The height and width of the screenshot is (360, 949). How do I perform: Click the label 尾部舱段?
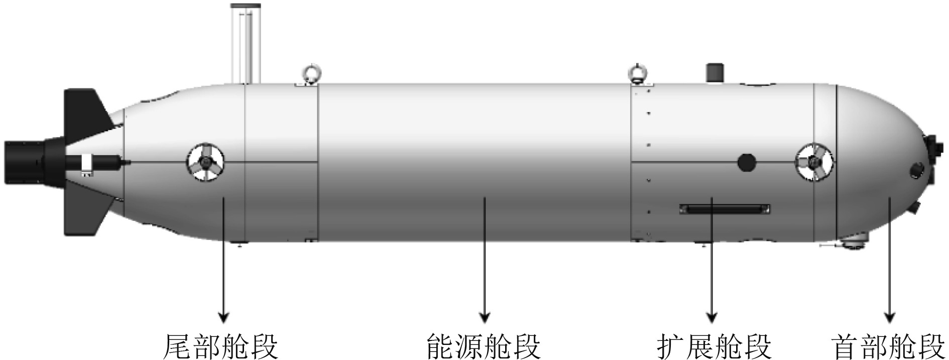(221, 346)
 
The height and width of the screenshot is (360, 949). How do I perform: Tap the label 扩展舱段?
(714, 346)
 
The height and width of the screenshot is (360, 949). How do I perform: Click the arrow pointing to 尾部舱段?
(223, 261)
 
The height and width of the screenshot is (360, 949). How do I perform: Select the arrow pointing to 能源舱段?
(485, 261)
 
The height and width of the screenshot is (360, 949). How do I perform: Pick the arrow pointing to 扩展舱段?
(711, 261)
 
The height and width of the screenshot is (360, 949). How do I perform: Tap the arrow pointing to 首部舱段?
(890, 261)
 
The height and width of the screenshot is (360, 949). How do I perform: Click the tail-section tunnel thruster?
(206, 162)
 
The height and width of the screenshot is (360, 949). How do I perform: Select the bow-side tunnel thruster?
(813, 162)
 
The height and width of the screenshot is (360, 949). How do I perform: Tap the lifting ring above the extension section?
(638, 74)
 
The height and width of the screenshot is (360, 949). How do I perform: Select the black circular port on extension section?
(747, 162)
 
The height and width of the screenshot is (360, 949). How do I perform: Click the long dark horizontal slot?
(725, 208)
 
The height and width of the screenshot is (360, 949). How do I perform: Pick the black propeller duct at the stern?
(25, 162)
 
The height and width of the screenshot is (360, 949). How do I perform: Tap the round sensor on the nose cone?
(918, 170)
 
